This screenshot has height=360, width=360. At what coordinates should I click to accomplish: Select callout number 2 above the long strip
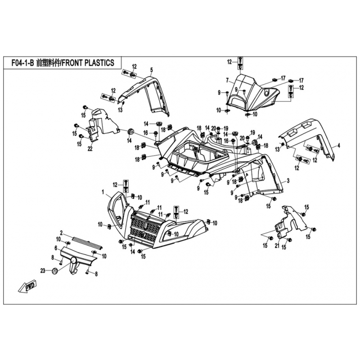tap(61, 234)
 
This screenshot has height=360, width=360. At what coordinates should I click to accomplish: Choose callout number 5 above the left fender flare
tap(152, 69)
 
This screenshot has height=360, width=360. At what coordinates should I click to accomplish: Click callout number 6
tap(56, 248)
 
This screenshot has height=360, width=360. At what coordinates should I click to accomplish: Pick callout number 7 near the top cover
tap(228, 81)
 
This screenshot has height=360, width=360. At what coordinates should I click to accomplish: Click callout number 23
tap(43, 270)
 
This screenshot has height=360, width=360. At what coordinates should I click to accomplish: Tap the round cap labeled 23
tap(55, 270)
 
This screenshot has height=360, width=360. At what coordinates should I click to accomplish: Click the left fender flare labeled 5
tap(144, 92)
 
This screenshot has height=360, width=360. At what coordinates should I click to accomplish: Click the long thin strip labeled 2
tap(83, 242)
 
